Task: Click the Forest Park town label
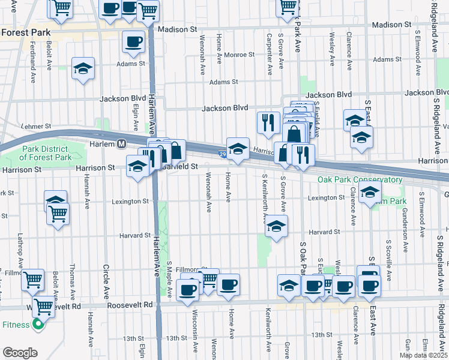[25, 34]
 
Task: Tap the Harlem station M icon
[121, 144]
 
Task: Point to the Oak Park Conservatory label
[360, 180]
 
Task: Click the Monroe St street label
[239, 55]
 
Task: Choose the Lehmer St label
[34, 127]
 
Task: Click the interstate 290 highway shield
[221, 154]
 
